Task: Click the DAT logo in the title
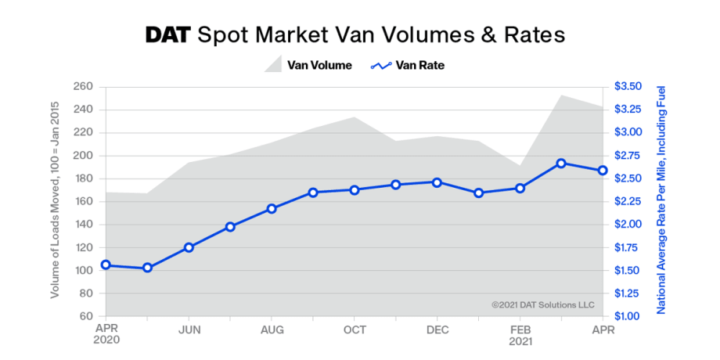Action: pyautogui.click(x=168, y=35)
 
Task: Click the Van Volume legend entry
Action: pyautogui.click(x=307, y=66)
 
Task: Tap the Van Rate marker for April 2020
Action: pyautogui.click(x=106, y=265)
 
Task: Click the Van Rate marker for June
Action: pyautogui.click(x=189, y=247)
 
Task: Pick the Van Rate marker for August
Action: pyautogui.click(x=272, y=209)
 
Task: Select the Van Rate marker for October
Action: pyautogui.click(x=355, y=189)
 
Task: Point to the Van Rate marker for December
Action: pyautogui.click(x=437, y=182)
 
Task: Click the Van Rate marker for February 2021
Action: pyautogui.click(x=520, y=188)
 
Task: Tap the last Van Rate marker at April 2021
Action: pyautogui.click(x=603, y=171)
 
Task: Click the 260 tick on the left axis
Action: pyautogui.click(x=84, y=86)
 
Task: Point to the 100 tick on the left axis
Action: pyautogui.click(x=84, y=270)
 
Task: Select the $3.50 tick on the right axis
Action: pyautogui.click(x=628, y=86)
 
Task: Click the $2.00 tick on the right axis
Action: pyautogui.click(x=628, y=225)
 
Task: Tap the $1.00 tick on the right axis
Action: pyautogui.click(x=628, y=316)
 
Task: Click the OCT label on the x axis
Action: pyautogui.click(x=355, y=329)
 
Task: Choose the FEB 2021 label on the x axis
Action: pyautogui.click(x=520, y=335)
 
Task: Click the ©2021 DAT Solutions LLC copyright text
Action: pyautogui.click(x=542, y=304)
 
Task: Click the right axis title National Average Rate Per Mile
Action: pyautogui.click(x=661, y=201)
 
